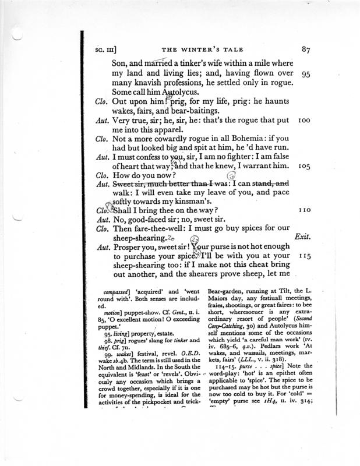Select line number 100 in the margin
pos(306,119)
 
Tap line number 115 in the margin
pos(306,255)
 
